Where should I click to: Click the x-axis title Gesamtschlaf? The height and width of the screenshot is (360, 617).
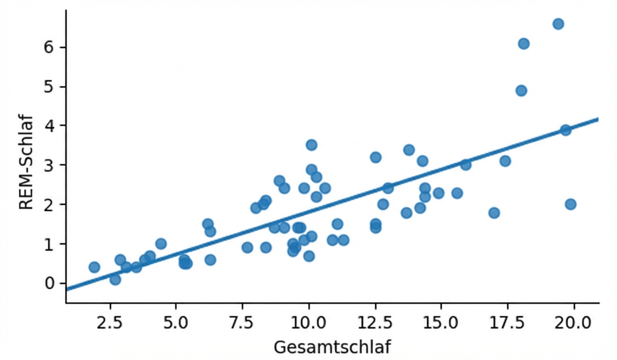[333, 347]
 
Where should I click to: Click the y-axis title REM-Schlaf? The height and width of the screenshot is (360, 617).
[26, 163]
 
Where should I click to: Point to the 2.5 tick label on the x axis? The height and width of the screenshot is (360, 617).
[110, 323]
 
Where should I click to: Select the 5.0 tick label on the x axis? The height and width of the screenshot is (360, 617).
[176, 323]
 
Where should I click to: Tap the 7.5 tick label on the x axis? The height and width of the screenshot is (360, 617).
[242, 323]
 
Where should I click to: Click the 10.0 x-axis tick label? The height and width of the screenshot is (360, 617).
[308, 323]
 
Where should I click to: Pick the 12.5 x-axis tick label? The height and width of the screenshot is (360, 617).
[375, 323]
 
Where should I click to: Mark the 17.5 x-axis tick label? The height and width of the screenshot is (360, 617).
[507, 323]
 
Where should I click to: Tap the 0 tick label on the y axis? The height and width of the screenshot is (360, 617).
[49, 283]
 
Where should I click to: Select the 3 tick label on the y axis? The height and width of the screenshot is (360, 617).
[49, 165]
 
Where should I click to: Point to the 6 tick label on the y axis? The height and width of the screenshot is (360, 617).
[49, 47]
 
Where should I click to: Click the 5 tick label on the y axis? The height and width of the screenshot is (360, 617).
[49, 87]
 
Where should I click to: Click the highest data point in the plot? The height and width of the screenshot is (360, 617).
[558, 24]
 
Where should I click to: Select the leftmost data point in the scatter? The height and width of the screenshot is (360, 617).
[94, 267]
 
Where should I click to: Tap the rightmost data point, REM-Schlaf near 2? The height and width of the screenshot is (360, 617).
[571, 204]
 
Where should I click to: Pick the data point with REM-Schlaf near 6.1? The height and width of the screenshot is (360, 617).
[524, 44]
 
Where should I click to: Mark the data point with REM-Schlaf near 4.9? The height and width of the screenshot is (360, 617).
[521, 90]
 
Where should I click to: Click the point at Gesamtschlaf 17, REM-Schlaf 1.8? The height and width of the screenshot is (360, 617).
[494, 213]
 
